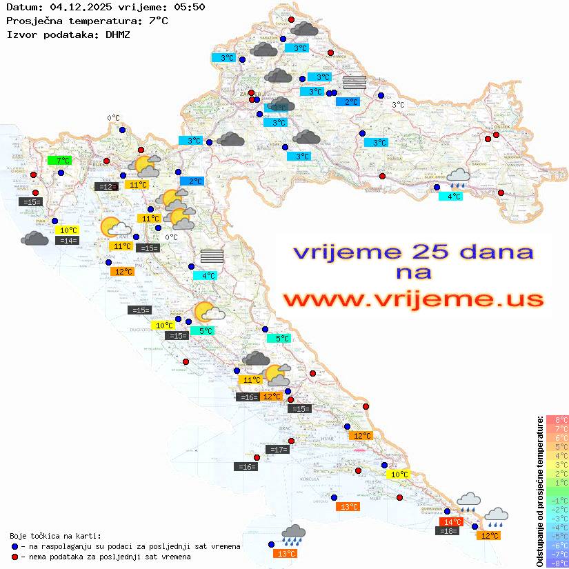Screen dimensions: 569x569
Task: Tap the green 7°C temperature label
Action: (x=59, y=161)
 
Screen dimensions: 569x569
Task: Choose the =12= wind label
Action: (x=106, y=186)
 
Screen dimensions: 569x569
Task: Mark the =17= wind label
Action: (x=277, y=450)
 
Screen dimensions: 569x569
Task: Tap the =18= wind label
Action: (x=448, y=530)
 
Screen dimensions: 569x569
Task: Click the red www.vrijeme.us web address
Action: (x=412, y=299)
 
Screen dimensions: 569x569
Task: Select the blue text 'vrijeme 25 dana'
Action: (x=412, y=252)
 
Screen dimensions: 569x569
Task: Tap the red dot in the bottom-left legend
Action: (x=15, y=557)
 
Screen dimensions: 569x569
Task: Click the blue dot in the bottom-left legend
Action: (x=15, y=546)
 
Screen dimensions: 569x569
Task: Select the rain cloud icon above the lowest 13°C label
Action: (x=294, y=533)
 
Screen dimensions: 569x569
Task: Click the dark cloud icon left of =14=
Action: (x=34, y=239)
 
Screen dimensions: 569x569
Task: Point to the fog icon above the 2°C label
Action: (x=354, y=83)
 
